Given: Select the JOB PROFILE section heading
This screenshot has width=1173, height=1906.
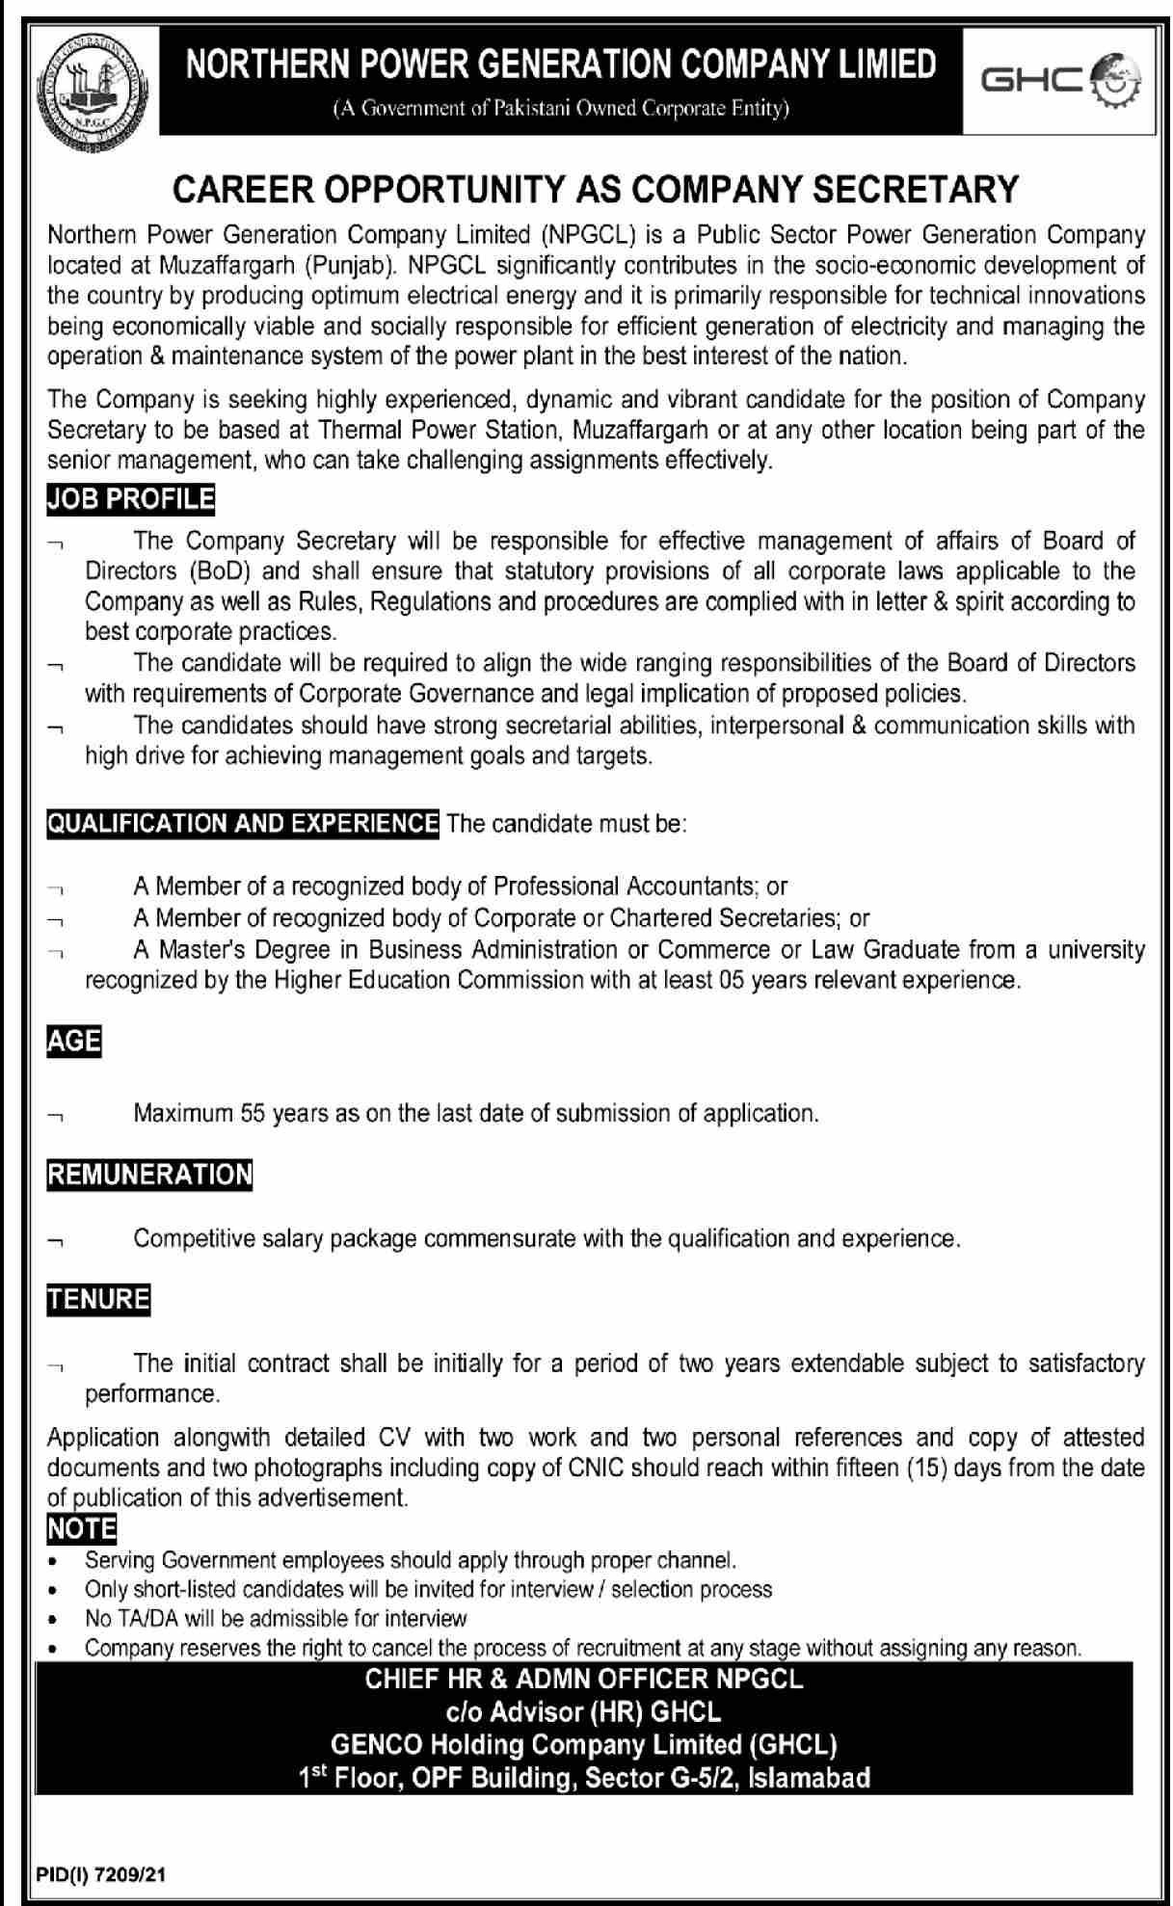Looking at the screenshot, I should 131,500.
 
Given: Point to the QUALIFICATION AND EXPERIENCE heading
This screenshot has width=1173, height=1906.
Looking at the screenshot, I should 243,824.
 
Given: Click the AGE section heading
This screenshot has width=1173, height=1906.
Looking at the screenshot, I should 74,1043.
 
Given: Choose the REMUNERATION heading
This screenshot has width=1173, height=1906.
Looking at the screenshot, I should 150,1175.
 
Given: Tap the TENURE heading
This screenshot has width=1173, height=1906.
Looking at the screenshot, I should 99,1300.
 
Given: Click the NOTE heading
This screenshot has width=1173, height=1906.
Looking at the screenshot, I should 82,1529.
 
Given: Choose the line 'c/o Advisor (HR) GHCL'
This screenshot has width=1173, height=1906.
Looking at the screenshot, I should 583,1712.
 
